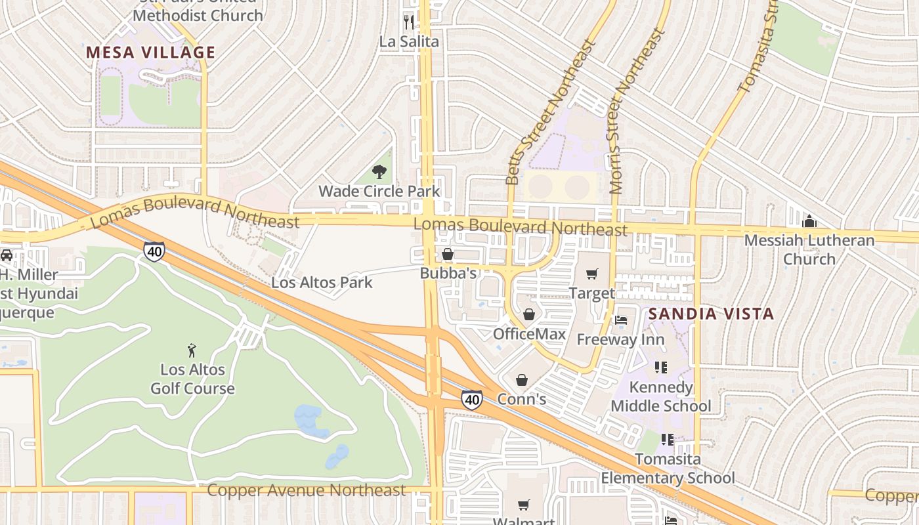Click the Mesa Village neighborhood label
[151, 52]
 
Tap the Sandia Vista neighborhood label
[712, 314]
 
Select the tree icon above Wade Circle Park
[379, 173]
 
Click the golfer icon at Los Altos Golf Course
[192, 350]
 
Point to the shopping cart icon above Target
[591, 274]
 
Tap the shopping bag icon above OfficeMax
[529, 315]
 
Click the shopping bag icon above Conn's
[522, 380]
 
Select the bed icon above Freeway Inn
[621, 320]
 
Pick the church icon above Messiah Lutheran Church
[809, 221]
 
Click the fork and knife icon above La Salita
[410, 22]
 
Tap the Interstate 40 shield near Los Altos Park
[154, 251]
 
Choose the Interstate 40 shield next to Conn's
[471, 399]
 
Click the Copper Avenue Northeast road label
[307, 490]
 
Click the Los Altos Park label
[322, 283]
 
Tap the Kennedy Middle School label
[660, 396]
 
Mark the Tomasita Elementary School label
[668, 469]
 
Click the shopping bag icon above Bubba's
[448, 254]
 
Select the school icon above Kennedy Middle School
[661, 367]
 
